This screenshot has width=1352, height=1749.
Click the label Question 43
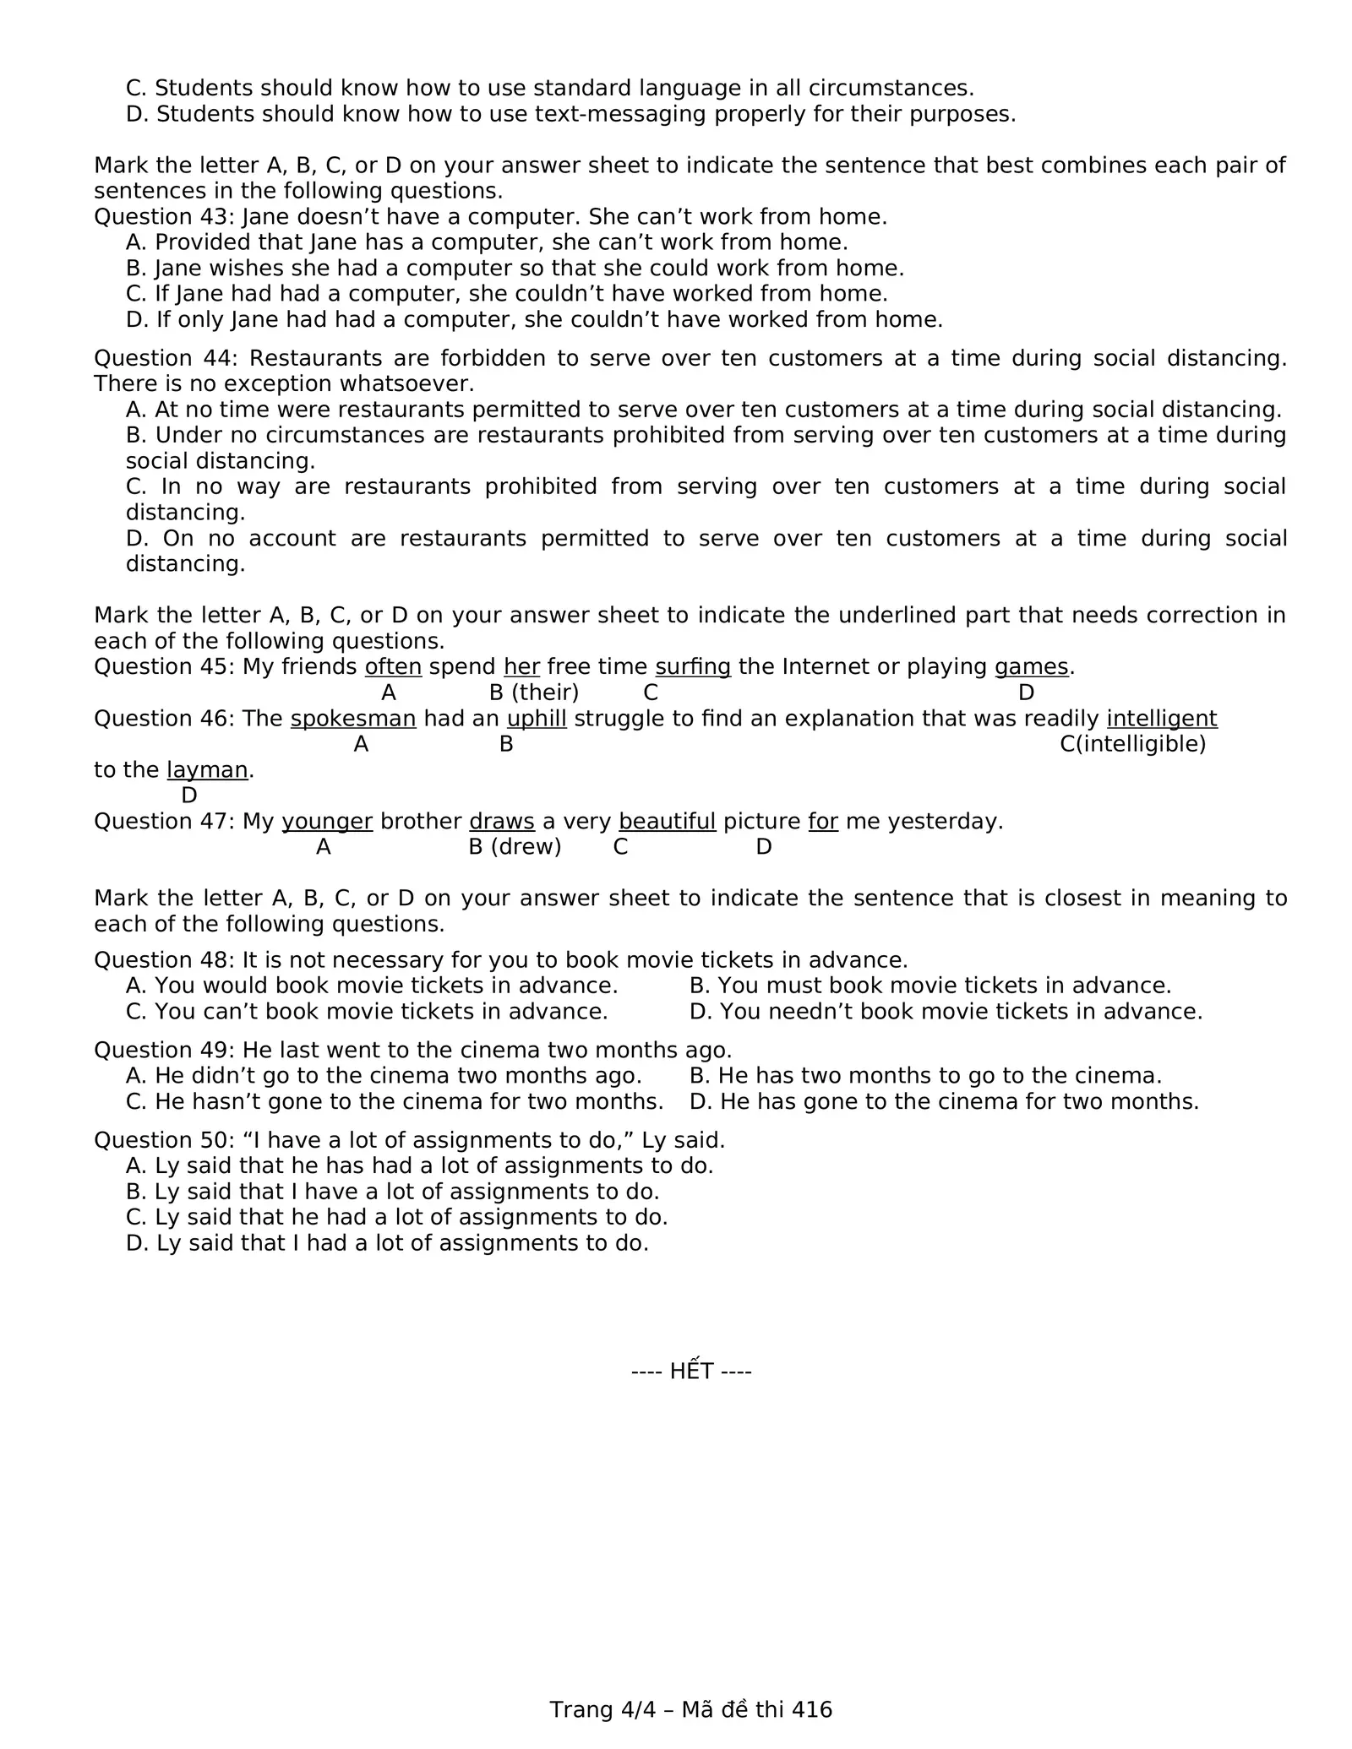164,217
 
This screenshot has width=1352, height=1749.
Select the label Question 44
164,358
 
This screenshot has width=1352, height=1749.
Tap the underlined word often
393,667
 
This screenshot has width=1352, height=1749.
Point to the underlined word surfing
692,667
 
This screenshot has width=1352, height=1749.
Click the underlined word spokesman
353,719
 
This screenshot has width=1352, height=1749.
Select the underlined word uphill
537,719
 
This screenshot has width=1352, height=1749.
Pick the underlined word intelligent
1161,719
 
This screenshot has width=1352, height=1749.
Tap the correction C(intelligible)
1132,744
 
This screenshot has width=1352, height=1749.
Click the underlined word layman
207,770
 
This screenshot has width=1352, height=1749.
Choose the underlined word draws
501,822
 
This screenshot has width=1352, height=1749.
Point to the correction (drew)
526,847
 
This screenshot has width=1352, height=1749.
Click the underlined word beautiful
667,822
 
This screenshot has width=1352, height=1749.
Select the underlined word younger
327,822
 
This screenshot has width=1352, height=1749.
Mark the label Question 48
164,960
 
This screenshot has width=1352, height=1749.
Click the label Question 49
164,1051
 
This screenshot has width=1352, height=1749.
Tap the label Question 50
164,1140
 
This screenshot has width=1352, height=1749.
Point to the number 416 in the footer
813,1709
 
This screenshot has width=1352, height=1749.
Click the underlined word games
1031,667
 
